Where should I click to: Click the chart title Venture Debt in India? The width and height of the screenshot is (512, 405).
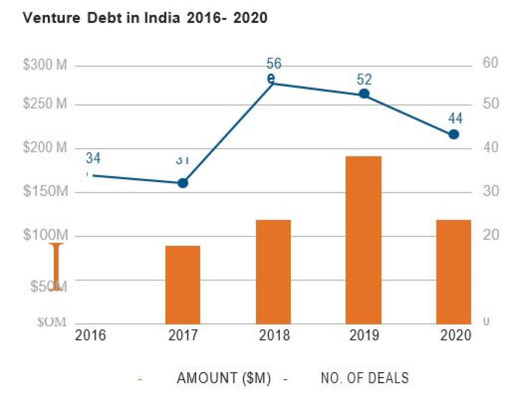point(145,18)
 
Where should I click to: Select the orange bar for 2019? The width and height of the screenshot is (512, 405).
point(364,240)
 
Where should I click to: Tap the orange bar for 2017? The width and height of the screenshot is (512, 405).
point(183,284)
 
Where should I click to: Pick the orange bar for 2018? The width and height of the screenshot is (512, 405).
point(273,272)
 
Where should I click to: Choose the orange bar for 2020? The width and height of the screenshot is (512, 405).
point(453,272)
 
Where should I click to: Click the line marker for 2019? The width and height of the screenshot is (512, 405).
point(364,94)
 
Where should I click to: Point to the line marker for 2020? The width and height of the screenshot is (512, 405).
point(454,134)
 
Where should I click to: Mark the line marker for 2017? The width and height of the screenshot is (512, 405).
point(183,183)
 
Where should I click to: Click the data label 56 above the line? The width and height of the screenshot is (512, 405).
point(274,64)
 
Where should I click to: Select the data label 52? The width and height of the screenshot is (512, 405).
point(364,80)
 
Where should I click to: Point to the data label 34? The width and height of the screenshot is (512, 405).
point(93,158)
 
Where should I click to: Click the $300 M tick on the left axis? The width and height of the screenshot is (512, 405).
point(45,66)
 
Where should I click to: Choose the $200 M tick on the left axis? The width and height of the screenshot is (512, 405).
point(45,148)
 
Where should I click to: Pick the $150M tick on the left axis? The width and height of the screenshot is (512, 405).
point(45,192)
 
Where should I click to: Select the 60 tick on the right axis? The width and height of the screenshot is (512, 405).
point(491,63)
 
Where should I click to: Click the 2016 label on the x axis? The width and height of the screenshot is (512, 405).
point(90,336)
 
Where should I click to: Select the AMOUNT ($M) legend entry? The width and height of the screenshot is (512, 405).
point(224,378)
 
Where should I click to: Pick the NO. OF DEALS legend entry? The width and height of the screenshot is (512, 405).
point(364,378)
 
